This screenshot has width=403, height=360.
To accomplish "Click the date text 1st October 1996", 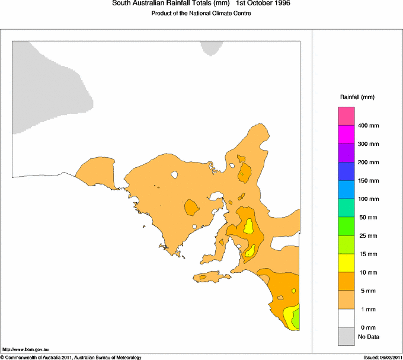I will click(x=264, y=4).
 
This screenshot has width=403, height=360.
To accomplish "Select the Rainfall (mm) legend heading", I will click(x=357, y=97).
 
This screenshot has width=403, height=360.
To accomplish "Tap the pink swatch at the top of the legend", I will click(x=346, y=116).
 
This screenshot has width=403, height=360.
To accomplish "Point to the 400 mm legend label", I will click(x=368, y=126).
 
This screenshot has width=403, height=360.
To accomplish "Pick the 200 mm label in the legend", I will click(x=368, y=163).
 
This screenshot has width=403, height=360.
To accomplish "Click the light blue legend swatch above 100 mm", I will click(x=346, y=189).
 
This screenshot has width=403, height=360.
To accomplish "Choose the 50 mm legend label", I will click(x=367, y=218).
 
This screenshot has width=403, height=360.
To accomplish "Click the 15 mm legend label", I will click(x=367, y=254).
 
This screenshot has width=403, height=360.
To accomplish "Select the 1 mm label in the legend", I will click(x=365, y=310).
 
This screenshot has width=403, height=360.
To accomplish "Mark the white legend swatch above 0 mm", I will click(x=346, y=318).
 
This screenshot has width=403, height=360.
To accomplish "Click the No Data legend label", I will click(x=368, y=337).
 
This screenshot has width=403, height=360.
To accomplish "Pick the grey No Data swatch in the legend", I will click(x=346, y=336).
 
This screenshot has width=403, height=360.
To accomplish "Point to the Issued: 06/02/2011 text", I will click(x=383, y=357).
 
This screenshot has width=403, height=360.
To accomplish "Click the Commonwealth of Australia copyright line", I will click(x=71, y=357).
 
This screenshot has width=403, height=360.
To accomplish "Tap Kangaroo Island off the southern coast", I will click(x=210, y=276).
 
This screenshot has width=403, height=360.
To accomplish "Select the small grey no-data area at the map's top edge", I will click(x=210, y=47).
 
